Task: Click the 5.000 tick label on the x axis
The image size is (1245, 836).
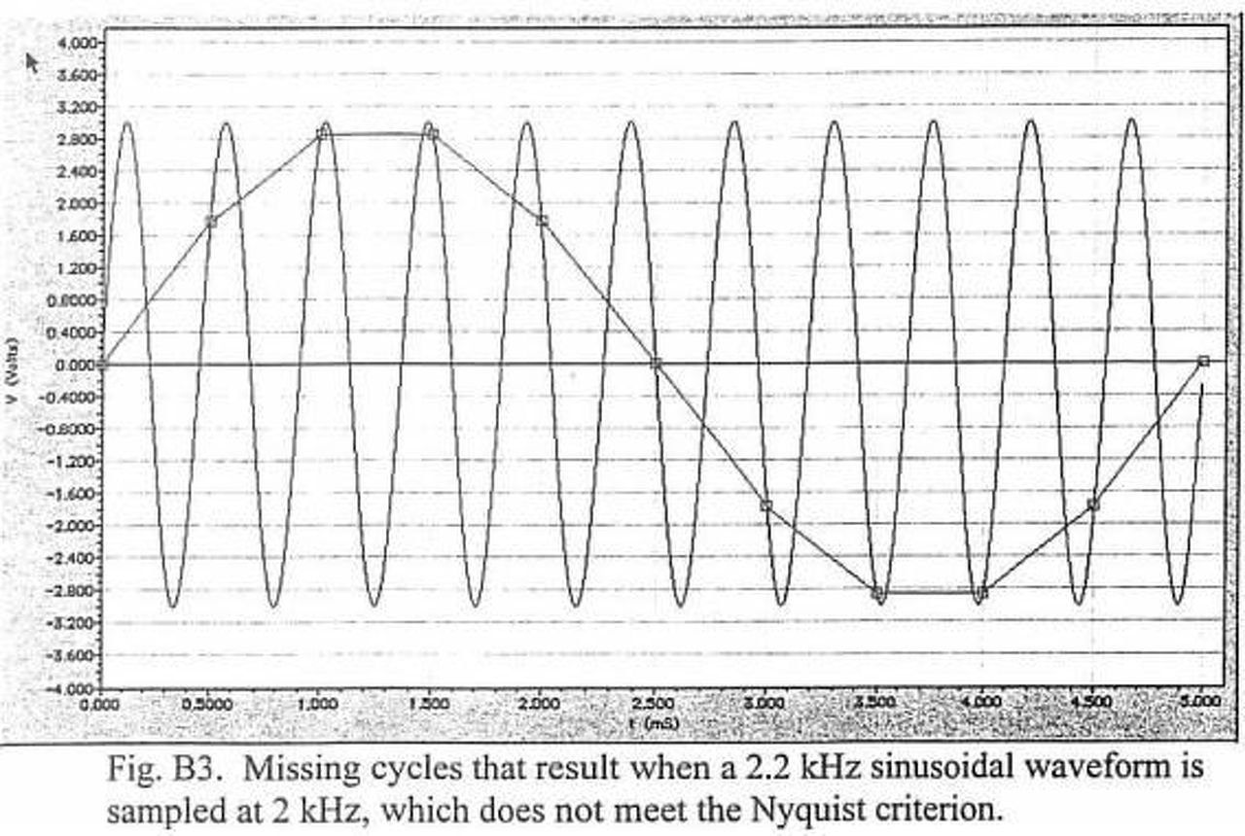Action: [1201, 703]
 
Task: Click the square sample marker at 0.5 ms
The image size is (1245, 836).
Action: [211, 222]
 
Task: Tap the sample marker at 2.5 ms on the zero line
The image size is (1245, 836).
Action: [657, 364]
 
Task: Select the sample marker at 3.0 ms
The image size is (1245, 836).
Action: [766, 505]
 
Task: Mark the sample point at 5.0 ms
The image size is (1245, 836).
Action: [1204, 361]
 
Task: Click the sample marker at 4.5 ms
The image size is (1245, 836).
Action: [1093, 505]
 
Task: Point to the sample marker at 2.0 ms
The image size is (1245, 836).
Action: [543, 221]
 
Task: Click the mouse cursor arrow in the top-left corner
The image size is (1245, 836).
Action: [33, 62]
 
